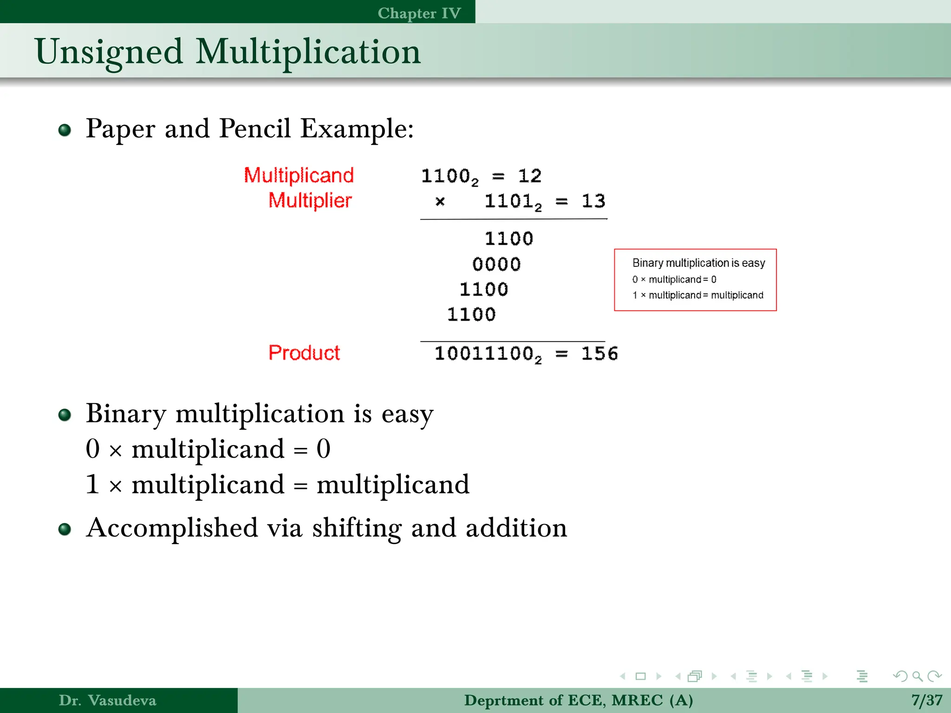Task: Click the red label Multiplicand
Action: [299, 175]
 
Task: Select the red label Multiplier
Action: [310, 201]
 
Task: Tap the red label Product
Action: [304, 353]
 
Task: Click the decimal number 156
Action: [599, 354]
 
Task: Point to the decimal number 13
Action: [593, 201]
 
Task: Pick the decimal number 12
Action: [530, 176]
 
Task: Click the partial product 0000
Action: [496, 264]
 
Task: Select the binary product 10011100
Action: [484, 354]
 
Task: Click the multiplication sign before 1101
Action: [440, 201]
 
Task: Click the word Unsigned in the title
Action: [109, 52]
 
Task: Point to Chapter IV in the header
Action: [419, 13]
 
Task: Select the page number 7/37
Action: [926, 700]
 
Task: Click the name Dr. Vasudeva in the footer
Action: [107, 700]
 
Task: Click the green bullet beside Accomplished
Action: [65, 529]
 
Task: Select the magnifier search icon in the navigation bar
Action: [917, 676]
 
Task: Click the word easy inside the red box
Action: [753, 263]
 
